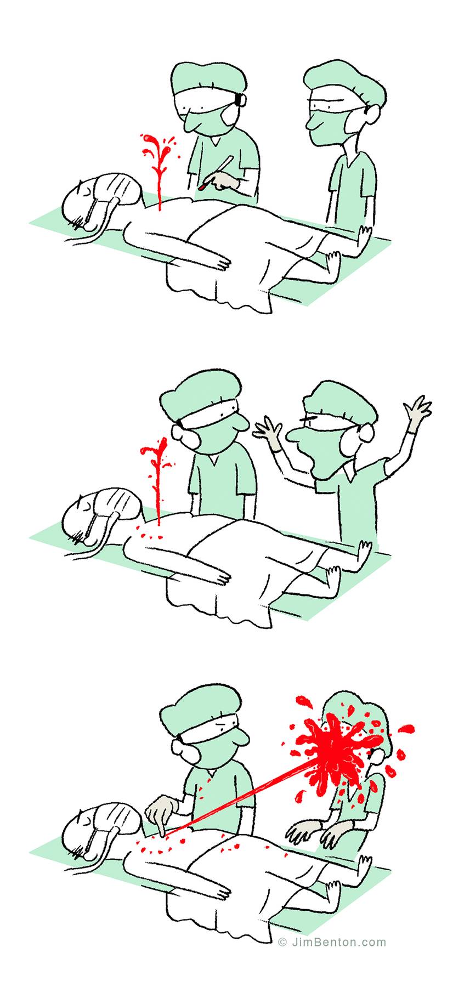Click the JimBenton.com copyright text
pyautogui.click(x=332, y=942)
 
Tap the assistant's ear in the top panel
pyautogui.click(x=374, y=115)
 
